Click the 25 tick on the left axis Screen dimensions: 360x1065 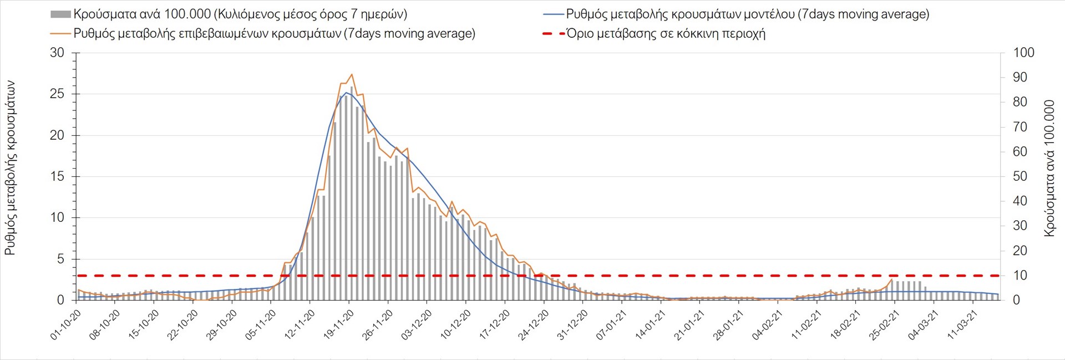tap(57, 94)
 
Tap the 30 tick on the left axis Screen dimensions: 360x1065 tap(57, 53)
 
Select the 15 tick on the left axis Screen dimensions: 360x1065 tap(57, 176)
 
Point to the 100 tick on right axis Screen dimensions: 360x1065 tap(1023, 53)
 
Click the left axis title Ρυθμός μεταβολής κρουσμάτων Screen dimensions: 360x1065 tap(10, 168)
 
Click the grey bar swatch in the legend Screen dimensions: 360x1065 tap(60, 14)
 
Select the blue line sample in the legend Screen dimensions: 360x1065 tap(552, 14)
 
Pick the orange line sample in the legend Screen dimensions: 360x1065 tap(60, 34)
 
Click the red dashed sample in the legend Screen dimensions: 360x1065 tap(552, 34)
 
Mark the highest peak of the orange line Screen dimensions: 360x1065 tap(352, 74)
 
